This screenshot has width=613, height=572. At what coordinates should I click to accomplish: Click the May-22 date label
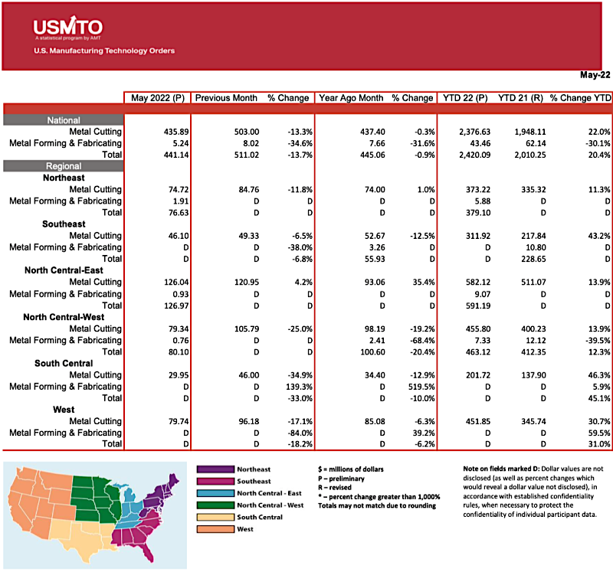[594, 75]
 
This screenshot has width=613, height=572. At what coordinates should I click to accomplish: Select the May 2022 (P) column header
[157, 98]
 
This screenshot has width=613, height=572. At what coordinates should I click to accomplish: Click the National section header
[64, 120]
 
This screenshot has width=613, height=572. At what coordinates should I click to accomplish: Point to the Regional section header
[64, 166]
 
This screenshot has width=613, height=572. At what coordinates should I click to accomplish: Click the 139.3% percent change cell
[295, 387]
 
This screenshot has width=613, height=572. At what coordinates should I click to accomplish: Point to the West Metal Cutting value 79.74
[174, 433]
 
